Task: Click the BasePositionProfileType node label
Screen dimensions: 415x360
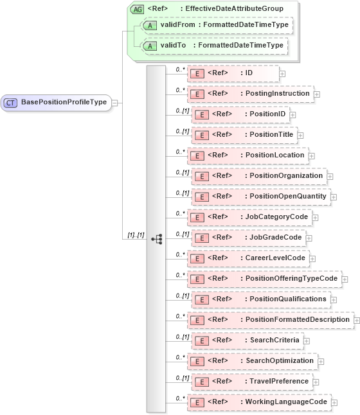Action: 64,102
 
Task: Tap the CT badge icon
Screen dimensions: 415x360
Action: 11,102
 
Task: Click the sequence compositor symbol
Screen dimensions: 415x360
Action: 156,238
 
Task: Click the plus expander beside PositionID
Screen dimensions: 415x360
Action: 292,114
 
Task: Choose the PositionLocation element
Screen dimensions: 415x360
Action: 247,155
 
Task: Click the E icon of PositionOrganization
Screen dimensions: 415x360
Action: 200,175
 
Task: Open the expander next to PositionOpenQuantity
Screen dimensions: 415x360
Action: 334,197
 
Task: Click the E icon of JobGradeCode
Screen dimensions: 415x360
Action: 200,238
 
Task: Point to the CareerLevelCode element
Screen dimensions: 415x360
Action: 247,258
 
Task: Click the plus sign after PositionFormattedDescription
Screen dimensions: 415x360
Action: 355,320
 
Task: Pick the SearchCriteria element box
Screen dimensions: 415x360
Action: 248,340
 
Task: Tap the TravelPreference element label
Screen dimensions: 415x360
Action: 279,381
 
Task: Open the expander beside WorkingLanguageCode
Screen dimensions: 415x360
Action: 334,402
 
